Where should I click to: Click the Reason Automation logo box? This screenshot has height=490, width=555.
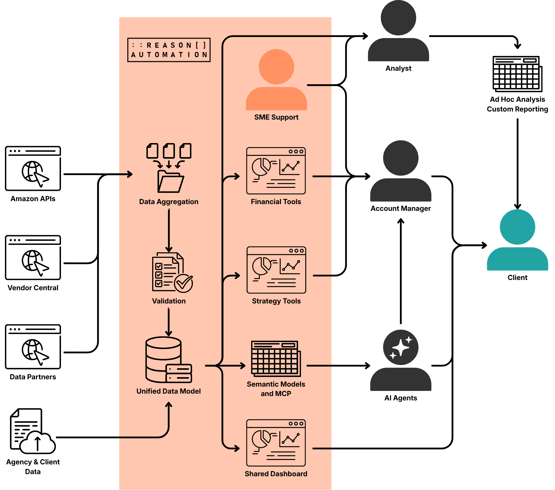[x=169, y=50]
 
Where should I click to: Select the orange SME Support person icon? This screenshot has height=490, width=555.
[x=276, y=80]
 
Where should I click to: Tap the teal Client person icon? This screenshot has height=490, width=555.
[x=517, y=240]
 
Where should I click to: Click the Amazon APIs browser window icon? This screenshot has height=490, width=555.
[x=33, y=168]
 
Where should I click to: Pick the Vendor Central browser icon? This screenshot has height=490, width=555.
[x=33, y=258]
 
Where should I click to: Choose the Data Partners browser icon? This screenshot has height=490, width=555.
[x=33, y=347]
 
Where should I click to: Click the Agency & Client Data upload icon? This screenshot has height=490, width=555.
[x=33, y=431]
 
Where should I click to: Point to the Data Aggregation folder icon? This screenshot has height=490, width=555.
[x=169, y=168]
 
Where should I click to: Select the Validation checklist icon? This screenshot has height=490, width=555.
[x=172, y=272]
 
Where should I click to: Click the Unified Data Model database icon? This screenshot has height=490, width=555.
[x=169, y=360]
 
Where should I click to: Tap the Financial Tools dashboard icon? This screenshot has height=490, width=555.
[x=276, y=171]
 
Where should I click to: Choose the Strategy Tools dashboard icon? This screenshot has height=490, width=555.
[x=276, y=270]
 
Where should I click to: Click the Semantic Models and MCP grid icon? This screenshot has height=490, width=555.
[x=276, y=359]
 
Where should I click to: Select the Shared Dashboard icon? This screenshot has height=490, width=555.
[x=276, y=443]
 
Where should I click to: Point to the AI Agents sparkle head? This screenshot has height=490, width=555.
[x=400, y=347]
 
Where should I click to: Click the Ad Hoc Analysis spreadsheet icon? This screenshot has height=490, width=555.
[x=517, y=74]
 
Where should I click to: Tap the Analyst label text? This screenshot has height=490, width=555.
[x=398, y=69]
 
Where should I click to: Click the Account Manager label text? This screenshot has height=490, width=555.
[x=400, y=208]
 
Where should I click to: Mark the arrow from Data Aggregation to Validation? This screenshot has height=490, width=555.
[x=169, y=231]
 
